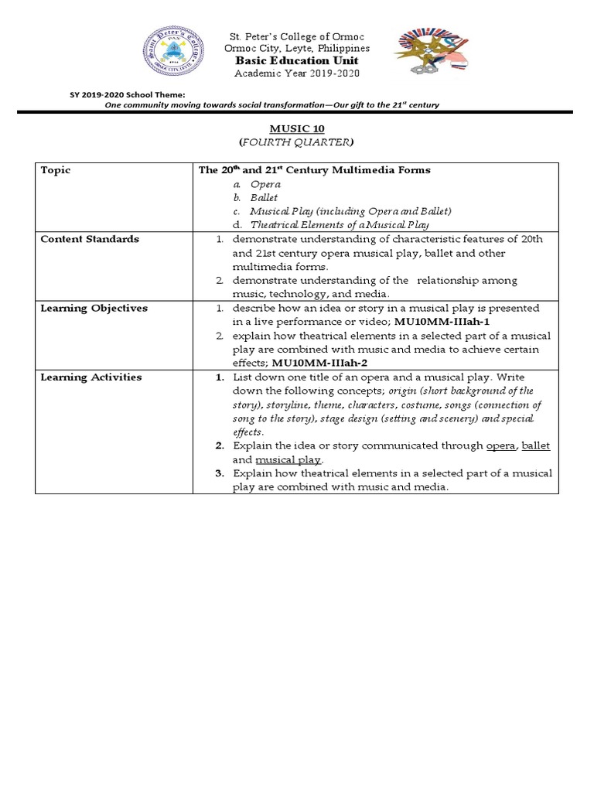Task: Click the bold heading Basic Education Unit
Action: (x=297, y=60)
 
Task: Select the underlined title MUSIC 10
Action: (x=297, y=129)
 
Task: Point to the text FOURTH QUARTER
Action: (x=297, y=142)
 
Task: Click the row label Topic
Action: (x=55, y=170)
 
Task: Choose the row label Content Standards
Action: (x=90, y=239)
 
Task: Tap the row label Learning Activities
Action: (x=91, y=377)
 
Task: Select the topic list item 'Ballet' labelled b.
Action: (x=263, y=198)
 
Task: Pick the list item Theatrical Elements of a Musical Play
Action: (x=339, y=225)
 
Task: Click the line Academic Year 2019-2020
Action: (x=297, y=73)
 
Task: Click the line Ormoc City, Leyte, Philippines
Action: (x=297, y=48)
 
